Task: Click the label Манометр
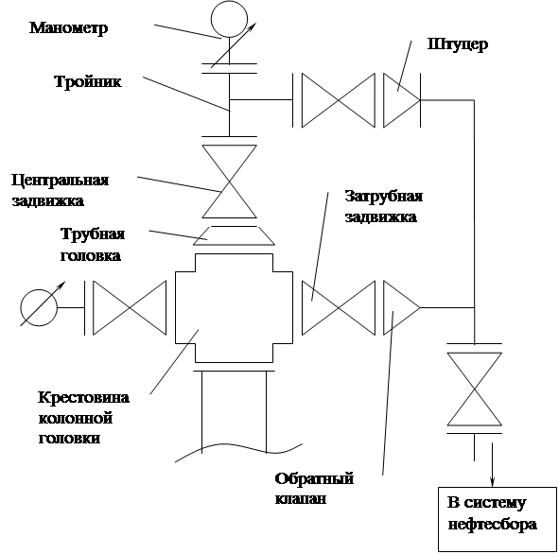pos(68,28)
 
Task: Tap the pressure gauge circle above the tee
pos(229,2)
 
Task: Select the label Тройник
pos(88,81)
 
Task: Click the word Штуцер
pos(458,44)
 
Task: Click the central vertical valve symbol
pos(229,182)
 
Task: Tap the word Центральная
pos(60,181)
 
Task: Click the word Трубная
pos(93,234)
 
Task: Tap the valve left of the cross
pos(130,308)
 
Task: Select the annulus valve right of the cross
pos(339,308)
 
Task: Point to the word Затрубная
pos(384,197)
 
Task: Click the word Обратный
pos(314,478)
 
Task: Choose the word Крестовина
pos(83,397)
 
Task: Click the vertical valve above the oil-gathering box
pos(475,390)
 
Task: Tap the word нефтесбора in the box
pos(492,525)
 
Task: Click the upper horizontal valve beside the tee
pos(339,100)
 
